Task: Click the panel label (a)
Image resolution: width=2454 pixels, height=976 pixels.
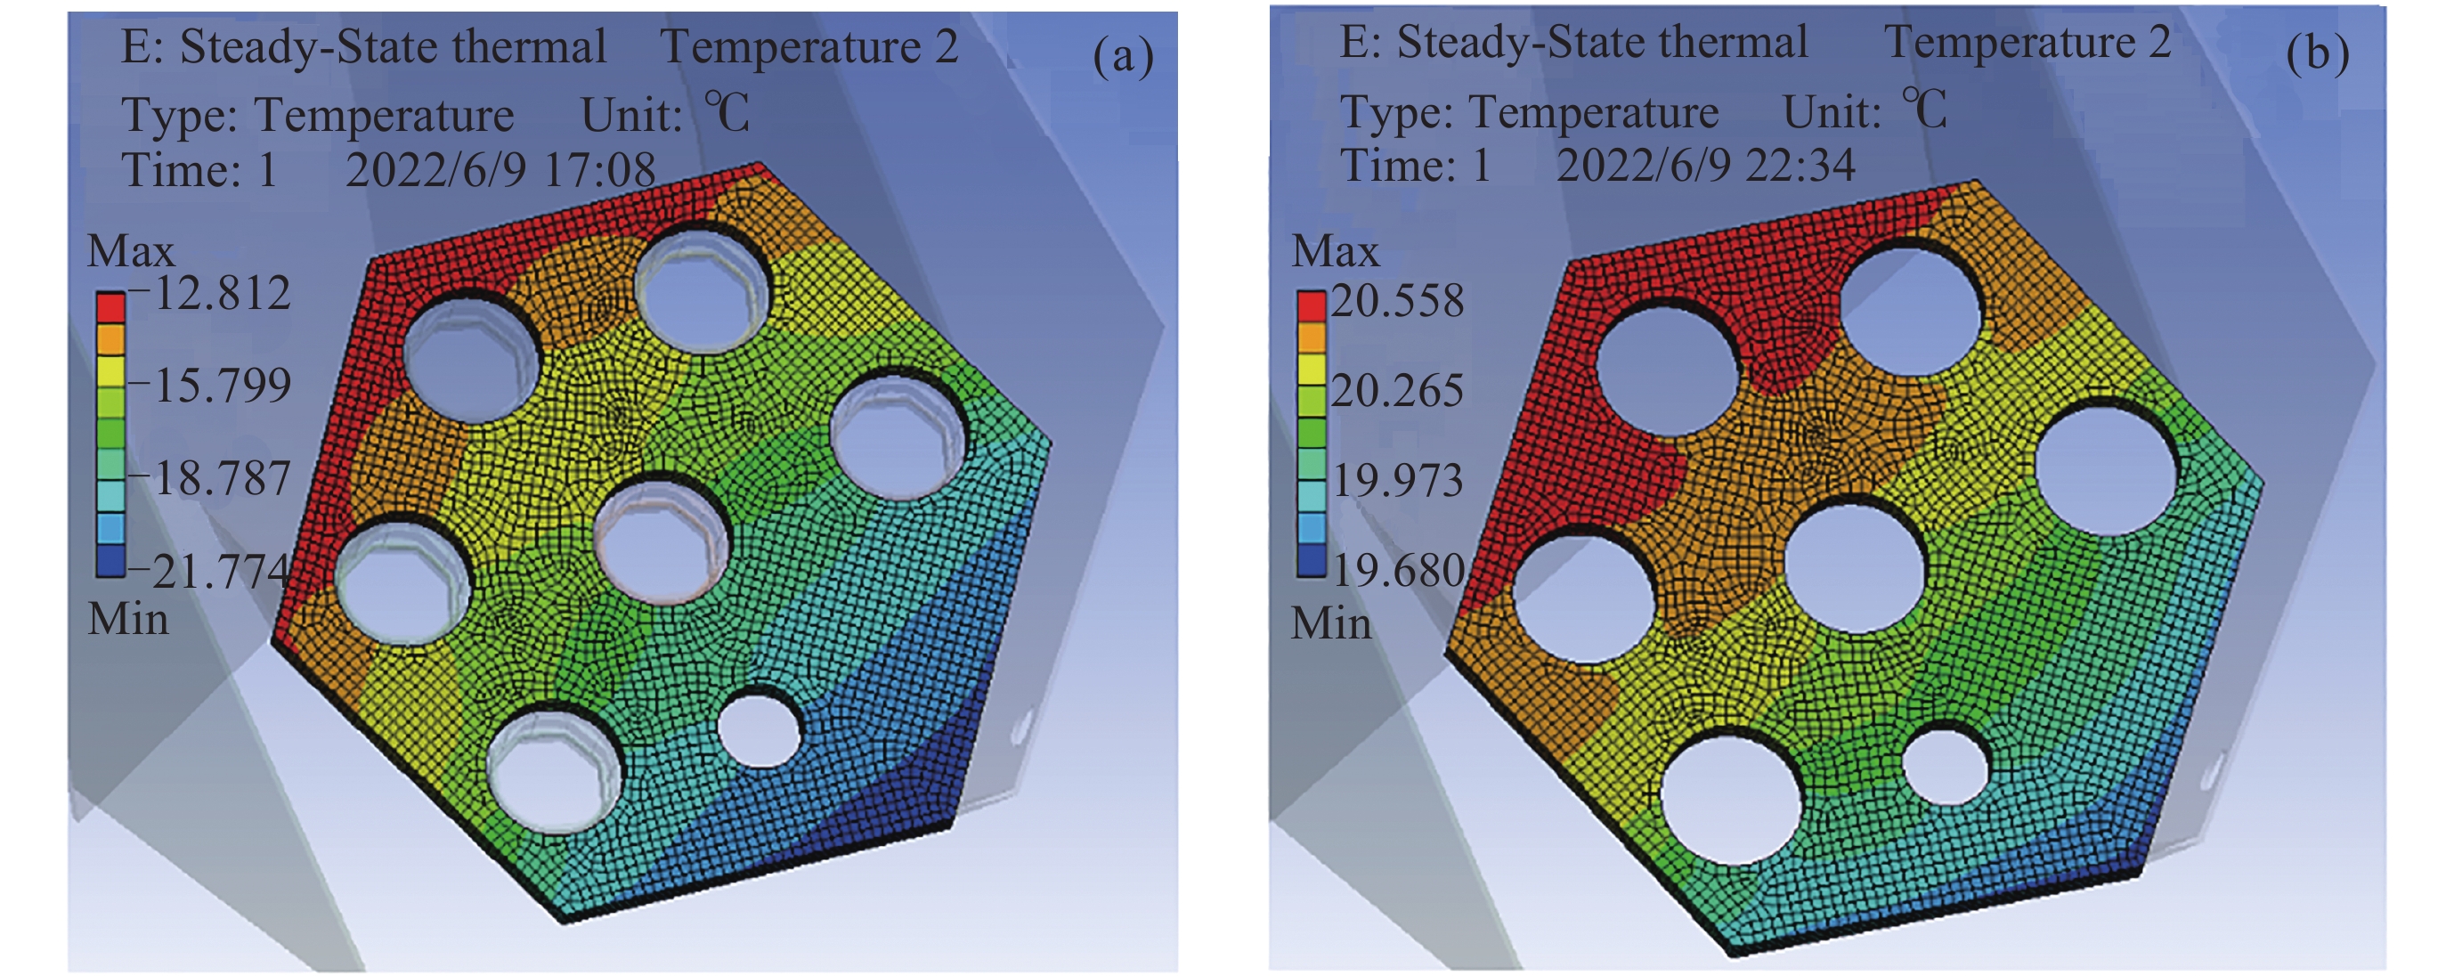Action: click(x=1123, y=57)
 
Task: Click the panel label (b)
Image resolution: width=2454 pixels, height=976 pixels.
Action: click(x=2317, y=53)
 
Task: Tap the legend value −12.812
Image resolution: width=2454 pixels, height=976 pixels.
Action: click(x=210, y=293)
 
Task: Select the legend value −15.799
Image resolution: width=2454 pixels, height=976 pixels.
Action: click(x=210, y=385)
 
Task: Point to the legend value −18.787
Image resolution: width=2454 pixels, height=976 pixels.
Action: click(x=210, y=477)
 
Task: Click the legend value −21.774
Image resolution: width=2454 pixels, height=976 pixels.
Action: click(x=209, y=572)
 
